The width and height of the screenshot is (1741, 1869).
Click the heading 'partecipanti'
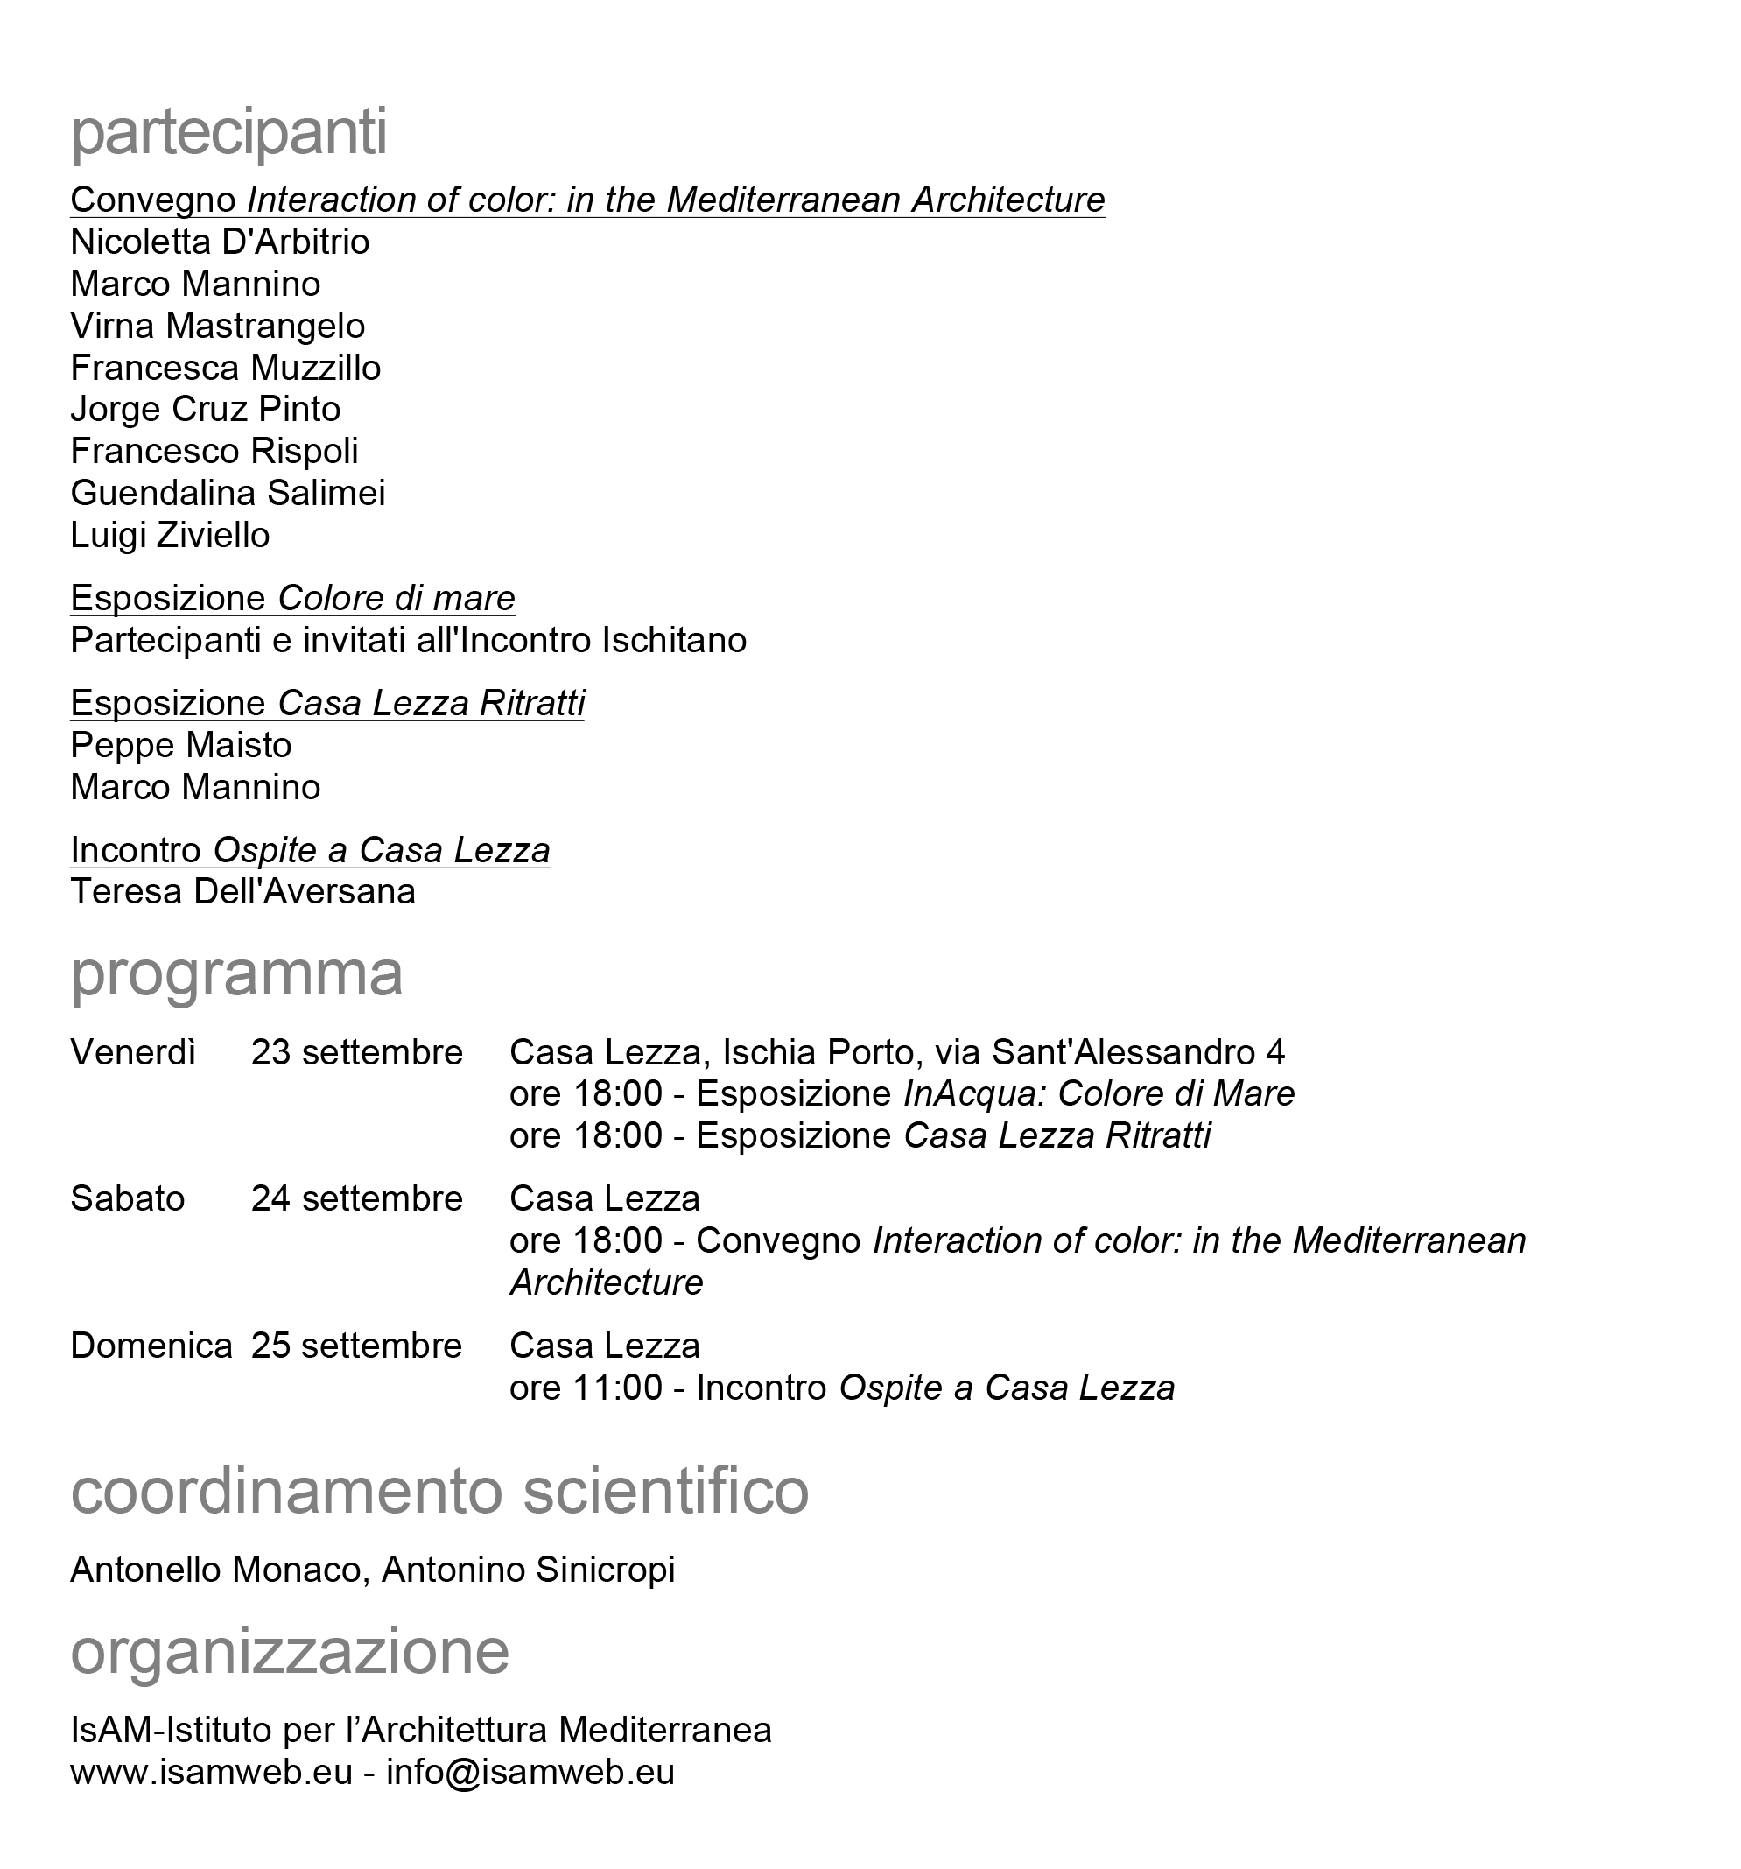click(x=228, y=132)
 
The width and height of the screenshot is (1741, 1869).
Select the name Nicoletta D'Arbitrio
click(x=220, y=242)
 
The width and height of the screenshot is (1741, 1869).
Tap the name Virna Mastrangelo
click(x=217, y=327)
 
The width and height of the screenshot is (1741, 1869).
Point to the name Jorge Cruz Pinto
click(x=205, y=409)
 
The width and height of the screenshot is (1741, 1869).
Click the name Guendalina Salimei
click(x=228, y=493)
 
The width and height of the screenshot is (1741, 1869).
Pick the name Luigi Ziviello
click(x=170, y=535)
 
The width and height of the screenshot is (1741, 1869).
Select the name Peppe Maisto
click(x=180, y=745)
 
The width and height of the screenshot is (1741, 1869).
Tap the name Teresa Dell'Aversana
click(x=242, y=891)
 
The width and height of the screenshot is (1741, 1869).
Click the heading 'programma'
click(x=237, y=974)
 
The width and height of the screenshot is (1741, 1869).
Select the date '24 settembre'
click(x=356, y=1198)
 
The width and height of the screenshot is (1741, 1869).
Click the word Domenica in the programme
click(x=151, y=1346)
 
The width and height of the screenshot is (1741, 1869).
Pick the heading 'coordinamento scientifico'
click(x=439, y=1490)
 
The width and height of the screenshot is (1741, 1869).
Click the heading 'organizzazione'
click(x=290, y=1651)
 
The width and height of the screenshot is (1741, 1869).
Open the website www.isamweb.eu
click(x=211, y=1772)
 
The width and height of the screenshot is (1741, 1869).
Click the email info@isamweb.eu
click(x=530, y=1772)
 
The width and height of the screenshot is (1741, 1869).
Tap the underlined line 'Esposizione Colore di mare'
click(x=292, y=598)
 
